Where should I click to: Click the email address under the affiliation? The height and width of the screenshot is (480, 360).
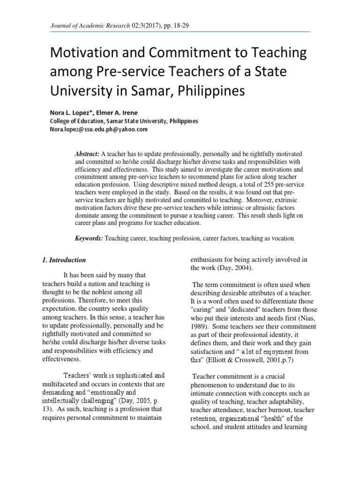click(99, 129)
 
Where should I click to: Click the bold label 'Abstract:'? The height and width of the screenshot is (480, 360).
click(87, 154)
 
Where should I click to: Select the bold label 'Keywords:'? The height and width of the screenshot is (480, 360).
click(89, 238)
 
